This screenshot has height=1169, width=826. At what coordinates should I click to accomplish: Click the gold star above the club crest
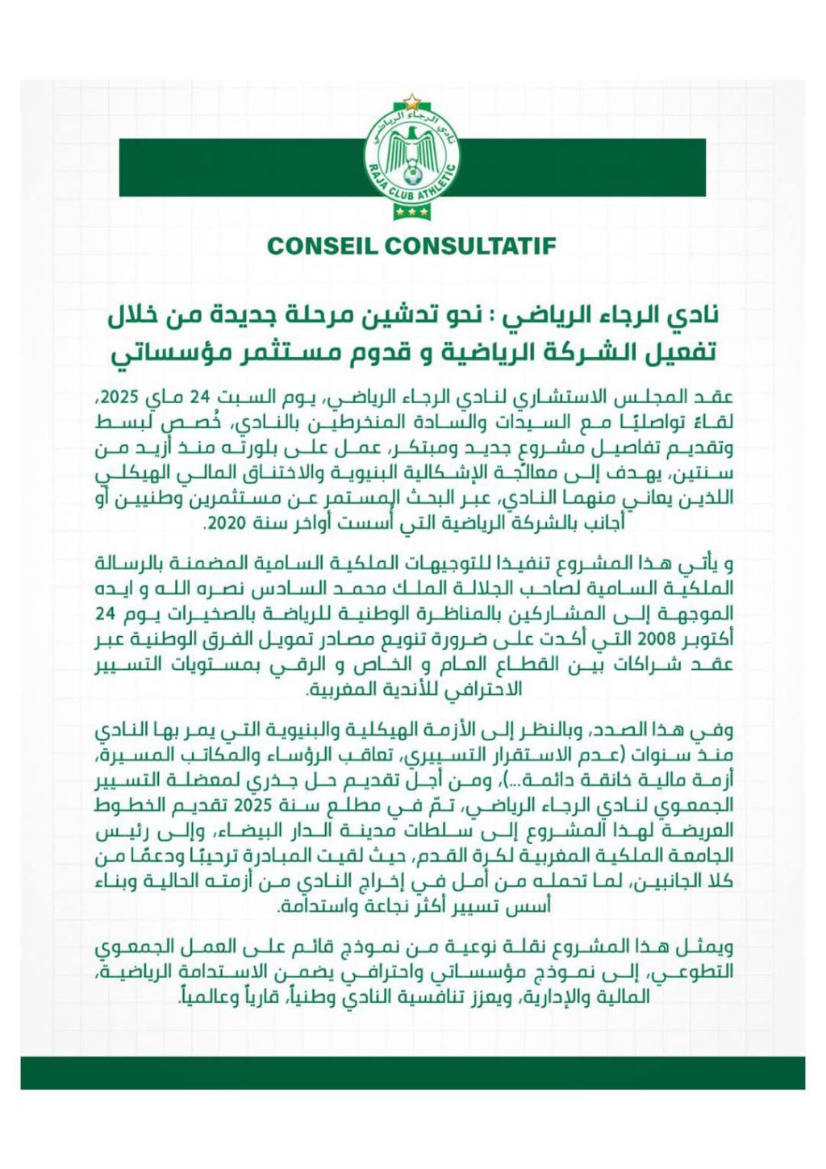pyautogui.click(x=412, y=101)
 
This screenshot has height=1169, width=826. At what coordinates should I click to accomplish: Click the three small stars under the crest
pyautogui.click(x=412, y=212)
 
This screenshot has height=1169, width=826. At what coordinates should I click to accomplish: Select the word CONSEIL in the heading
pyautogui.click(x=319, y=246)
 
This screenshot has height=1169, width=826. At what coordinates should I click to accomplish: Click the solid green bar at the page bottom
pyautogui.click(x=412, y=1073)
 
